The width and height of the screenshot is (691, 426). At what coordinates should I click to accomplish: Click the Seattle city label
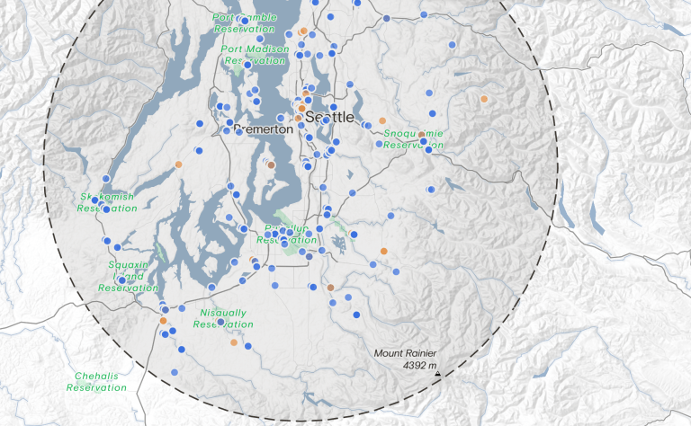coord(330,118)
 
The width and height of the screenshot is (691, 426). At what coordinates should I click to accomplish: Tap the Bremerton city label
coord(264,129)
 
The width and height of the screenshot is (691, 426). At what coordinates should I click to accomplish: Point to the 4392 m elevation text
coord(419,366)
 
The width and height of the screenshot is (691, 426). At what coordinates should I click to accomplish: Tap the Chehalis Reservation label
coord(96,382)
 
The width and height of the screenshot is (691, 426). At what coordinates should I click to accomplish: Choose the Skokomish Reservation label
coord(106,202)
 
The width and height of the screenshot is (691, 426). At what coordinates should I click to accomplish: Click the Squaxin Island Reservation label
coord(128,276)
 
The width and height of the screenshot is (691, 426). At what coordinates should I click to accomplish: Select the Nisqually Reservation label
coord(222,318)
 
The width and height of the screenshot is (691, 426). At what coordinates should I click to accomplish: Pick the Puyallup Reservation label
coord(287,235)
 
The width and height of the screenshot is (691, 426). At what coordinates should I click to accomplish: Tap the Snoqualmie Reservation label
coord(414,138)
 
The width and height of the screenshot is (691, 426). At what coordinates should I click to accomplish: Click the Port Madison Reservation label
coord(255,54)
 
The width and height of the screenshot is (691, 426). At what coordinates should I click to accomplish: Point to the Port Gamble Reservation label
coord(245,23)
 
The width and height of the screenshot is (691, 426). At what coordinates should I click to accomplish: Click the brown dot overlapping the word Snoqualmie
coord(421,135)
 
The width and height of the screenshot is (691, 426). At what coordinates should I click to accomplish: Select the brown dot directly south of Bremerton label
coord(271,165)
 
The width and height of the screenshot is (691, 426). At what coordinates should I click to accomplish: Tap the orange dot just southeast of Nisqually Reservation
coord(234,342)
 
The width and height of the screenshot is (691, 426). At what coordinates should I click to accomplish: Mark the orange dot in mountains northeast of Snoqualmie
coord(484,99)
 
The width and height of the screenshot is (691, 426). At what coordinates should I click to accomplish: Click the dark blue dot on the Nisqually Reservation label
coord(220,321)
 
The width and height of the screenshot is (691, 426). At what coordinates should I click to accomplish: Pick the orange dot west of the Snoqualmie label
coord(383,120)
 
